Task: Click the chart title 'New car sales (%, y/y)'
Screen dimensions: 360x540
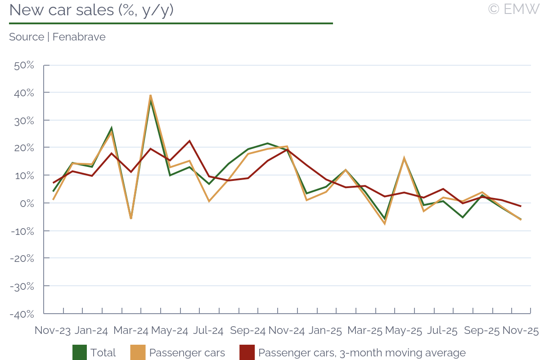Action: (x=91, y=10)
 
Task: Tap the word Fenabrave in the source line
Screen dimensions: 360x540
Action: (x=79, y=37)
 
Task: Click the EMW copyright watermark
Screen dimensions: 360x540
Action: (x=513, y=9)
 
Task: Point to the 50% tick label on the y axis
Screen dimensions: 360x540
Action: (x=24, y=65)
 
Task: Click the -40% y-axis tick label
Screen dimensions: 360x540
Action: (x=22, y=314)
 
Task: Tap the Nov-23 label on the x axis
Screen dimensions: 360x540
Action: (x=53, y=330)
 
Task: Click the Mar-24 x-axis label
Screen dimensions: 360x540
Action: (x=130, y=330)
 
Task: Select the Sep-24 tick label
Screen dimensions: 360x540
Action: (x=247, y=330)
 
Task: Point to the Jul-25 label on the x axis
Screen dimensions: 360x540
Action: (x=442, y=330)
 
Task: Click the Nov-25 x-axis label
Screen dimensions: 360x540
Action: (x=521, y=330)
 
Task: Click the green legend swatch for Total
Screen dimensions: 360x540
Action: (x=80, y=353)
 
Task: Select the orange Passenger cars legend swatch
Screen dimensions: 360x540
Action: (x=138, y=353)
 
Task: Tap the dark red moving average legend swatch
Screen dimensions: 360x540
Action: (x=247, y=353)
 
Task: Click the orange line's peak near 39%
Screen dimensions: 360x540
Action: (x=150, y=95)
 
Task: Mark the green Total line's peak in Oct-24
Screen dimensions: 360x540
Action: (x=267, y=144)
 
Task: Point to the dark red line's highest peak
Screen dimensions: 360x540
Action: (x=189, y=141)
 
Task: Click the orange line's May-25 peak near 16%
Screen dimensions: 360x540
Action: (x=404, y=158)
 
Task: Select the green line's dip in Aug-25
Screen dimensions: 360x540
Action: (x=463, y=217)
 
